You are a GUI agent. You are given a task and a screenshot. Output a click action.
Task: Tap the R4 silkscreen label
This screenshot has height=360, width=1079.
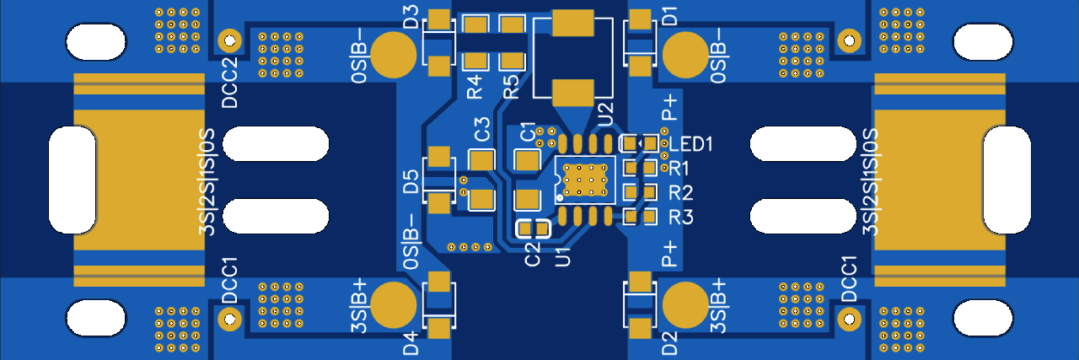475,87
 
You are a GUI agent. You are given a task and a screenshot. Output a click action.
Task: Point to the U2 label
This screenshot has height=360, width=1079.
605,114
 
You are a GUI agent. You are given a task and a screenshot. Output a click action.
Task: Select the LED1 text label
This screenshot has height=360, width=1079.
690,144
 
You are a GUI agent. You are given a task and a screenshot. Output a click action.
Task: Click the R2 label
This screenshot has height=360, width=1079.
681,193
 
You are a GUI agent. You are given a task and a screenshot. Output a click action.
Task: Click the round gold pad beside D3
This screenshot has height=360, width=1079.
393,55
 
